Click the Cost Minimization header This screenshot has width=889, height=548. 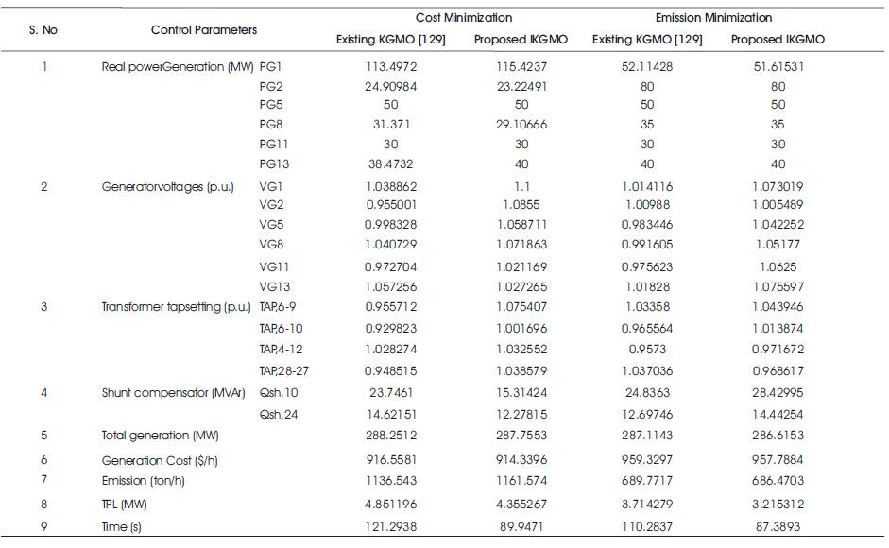(463, 18)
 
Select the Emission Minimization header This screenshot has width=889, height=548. (713, 18)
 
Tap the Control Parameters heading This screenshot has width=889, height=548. (203, 29)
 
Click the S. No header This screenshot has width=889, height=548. (43, 29)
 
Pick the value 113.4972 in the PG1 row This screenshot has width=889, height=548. (390, 66)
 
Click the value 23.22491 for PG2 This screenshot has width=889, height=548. (521, 86)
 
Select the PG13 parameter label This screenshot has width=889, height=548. (274, 164)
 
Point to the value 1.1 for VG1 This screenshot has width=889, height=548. (521, 187)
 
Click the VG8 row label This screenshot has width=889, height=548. (271, 244)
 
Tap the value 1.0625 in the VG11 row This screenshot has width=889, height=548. (778, 266)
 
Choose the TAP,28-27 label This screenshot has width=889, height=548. (284, 370)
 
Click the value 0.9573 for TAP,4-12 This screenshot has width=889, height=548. (647, 349)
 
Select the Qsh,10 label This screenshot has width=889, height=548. (279, 392)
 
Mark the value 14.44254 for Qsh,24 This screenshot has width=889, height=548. (778, 414)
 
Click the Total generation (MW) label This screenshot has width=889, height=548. (160, 436)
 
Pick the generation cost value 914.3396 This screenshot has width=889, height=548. (521, 459)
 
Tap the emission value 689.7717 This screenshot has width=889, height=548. (647, 481)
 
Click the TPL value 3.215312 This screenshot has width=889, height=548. (778, 504)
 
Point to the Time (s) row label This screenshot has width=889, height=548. (121, 526)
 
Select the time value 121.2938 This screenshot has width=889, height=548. (390, 526)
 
